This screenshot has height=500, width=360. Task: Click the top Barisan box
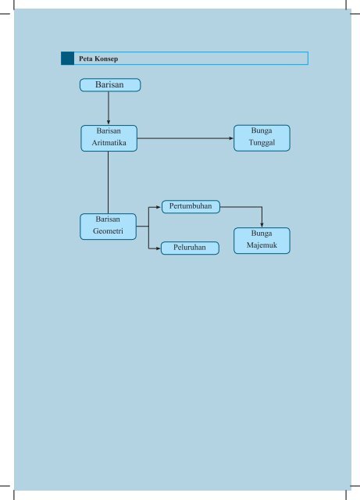pyautogui.click(x=110, y=85)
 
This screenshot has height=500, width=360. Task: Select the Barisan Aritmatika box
pyautogui.click(x=109, y=138)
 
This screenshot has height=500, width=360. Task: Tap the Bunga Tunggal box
pyautogui.click(x=262, y=138)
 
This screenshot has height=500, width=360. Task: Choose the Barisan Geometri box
pyautogui.click(x=108, y=227)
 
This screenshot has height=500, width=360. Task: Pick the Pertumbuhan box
pyautogui.click(x=191, y=206)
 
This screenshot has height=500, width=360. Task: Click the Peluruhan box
pyautogui.click(x=190, y=248)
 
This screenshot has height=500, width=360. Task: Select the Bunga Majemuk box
pyautogui.click(x=262, y=241)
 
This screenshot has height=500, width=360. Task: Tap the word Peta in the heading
pyautogui.click(x=85, y=59)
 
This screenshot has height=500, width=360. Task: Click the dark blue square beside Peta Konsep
pyautogui.click(x=68, y=59)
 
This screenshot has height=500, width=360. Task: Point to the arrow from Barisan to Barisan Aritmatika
pyautogui.click(x=109, y=108)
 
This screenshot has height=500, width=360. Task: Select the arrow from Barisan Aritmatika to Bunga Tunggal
pyautogui.click(x=185, y=138)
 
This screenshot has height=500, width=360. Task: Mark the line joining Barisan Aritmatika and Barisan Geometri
pyautogui.click(x=108, y=182)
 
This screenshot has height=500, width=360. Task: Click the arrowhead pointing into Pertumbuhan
pyautogui.click(x=159, y=207)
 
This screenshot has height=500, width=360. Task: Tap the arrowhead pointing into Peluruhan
pyautogui.click(x=159, y=248)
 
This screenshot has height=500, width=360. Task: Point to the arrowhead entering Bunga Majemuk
pyautogui.click(x=262, y=225)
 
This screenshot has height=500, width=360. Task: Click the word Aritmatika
pyautogui.click(x=109, y=143)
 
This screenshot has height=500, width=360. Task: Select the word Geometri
pyautogui.click(x=108, y=231)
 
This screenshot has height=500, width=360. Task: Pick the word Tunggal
pyautogui.click(x=262, y=143)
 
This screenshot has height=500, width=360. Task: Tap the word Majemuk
pyautogui.click(x=262, y=245)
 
